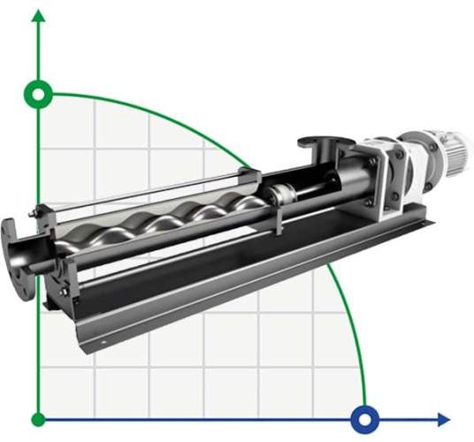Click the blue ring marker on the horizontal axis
(x=364, y=418)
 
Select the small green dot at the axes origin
(x=38, y=418)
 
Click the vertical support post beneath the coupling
(x=276, y=221)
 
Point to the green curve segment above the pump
(x=177, y=119)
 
